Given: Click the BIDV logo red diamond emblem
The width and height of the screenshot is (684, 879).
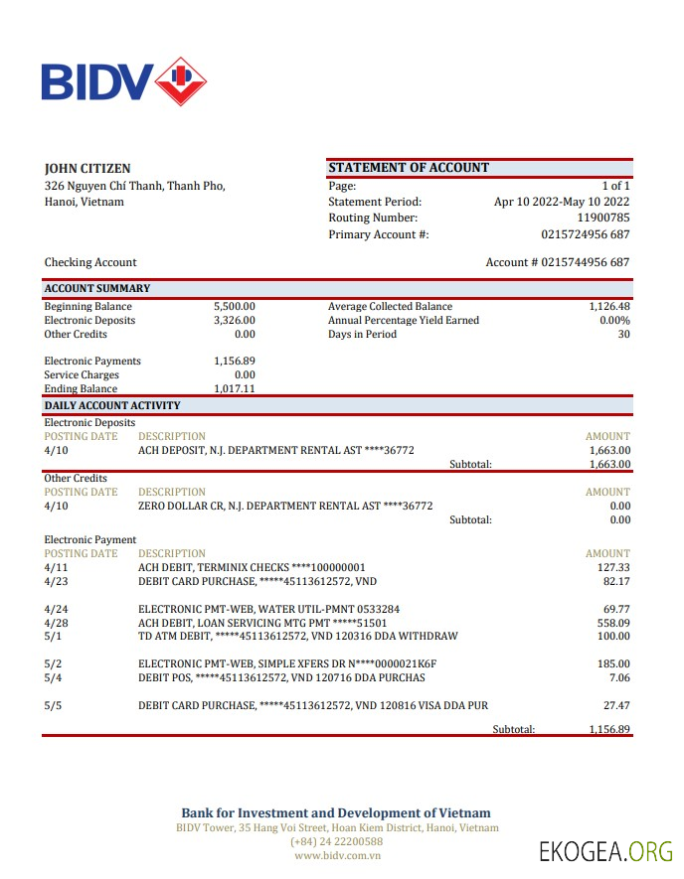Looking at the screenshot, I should click(181, 80).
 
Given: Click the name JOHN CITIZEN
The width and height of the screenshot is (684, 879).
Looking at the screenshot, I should click(87, 169).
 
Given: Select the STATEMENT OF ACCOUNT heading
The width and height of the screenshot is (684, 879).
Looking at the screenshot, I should click(409, 168).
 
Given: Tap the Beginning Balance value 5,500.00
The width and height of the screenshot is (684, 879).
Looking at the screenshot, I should click(235, 307).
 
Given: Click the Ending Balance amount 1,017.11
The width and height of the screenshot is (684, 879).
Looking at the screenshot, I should click(235, 389).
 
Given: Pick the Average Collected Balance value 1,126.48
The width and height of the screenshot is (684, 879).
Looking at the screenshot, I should click(609, 307).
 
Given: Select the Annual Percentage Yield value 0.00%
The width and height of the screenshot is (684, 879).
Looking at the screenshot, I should click(614, 321).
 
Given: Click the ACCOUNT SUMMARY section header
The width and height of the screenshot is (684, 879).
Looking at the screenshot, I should click(97, 289).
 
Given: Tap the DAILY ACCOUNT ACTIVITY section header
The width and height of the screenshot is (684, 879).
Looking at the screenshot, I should click(112, 405).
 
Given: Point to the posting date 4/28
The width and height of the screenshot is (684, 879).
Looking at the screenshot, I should click(56, 623).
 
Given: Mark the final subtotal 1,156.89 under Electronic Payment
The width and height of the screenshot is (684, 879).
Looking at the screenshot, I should click(609, 729).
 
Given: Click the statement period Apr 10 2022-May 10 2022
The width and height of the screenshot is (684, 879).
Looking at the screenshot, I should click(562, 202).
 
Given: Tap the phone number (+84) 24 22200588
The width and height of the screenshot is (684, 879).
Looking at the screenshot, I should click(336, 841).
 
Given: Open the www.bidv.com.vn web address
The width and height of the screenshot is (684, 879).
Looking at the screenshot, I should click(336, 855).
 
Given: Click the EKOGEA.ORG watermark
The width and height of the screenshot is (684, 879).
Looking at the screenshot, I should click(605, 851).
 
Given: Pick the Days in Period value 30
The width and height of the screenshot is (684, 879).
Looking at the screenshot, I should click(623, 335).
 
